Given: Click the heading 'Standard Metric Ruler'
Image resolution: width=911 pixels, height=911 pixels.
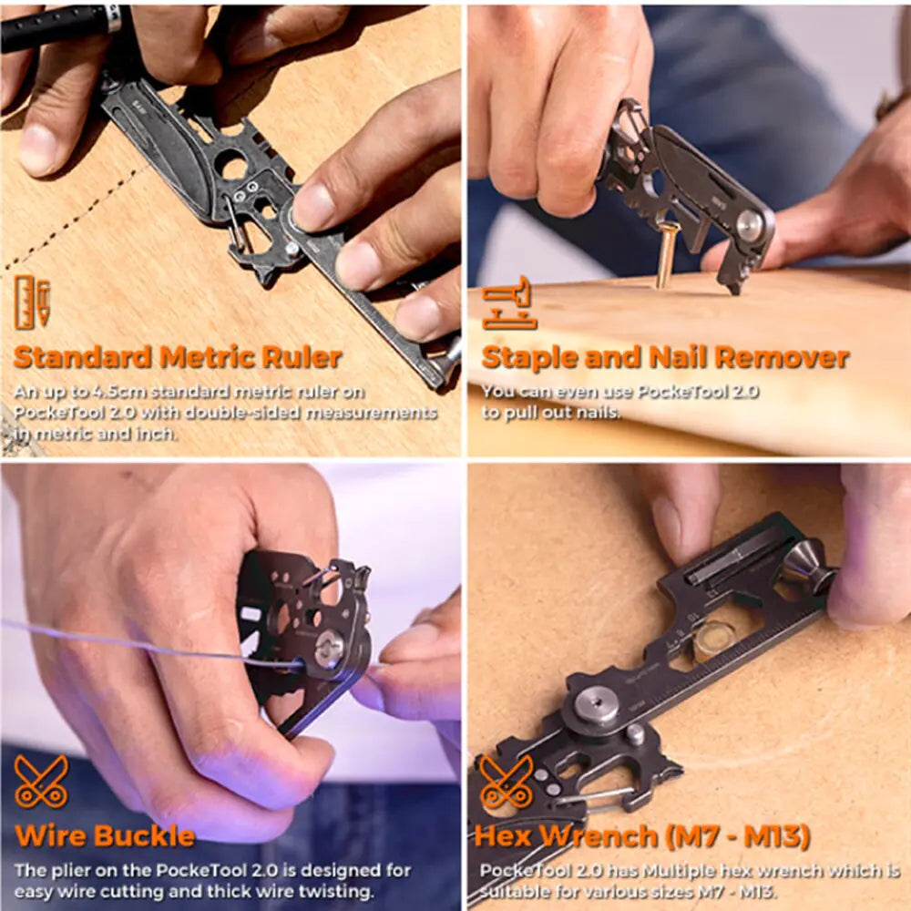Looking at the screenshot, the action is [178, 357].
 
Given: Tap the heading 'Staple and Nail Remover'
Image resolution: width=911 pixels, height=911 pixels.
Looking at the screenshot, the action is [665, 357].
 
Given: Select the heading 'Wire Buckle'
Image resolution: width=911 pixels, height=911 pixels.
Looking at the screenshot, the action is [105, 836].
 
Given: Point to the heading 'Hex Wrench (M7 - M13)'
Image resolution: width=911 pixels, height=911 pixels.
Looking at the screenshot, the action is [642, 836].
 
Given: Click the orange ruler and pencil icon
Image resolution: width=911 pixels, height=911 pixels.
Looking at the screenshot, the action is [33, 302].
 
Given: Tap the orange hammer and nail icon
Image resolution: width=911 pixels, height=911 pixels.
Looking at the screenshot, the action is [508, 302].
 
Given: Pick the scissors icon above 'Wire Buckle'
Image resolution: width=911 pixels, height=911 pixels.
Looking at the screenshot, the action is [41, 782].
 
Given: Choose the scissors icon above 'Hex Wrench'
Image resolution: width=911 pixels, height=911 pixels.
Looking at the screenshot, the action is [506, 782].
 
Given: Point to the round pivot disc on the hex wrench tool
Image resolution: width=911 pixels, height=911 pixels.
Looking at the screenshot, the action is [597, 705].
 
